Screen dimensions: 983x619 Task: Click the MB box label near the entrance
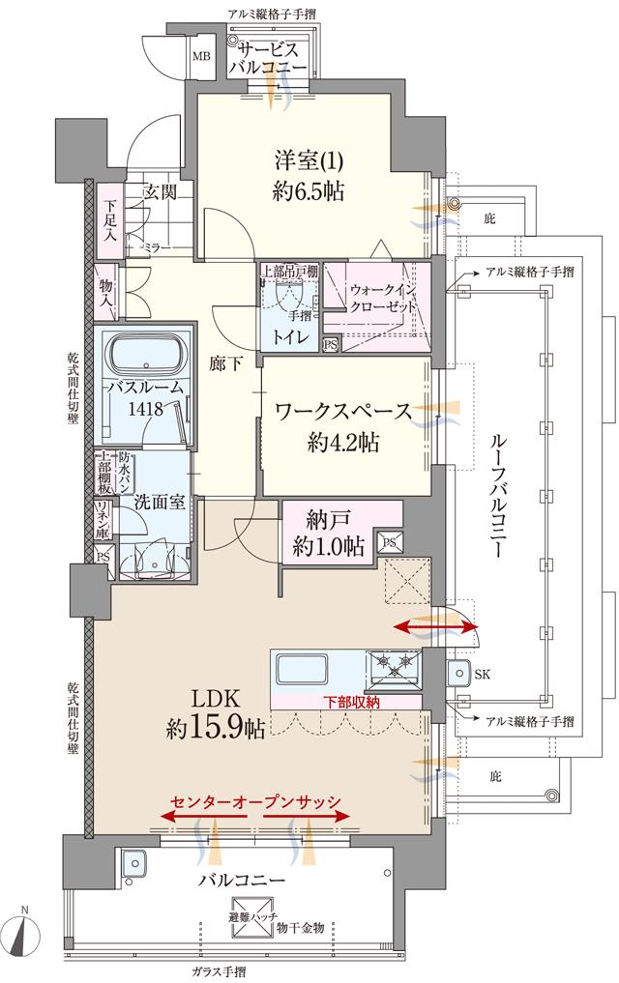[201, 55]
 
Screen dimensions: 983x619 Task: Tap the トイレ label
[290, 337]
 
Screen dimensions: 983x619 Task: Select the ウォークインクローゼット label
[384, 296]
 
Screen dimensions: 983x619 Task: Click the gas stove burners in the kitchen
[395, 664]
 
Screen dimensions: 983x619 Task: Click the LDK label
[215, 699]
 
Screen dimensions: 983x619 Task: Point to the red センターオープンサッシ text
[255, 803]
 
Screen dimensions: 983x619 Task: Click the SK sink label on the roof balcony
[483, 673]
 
